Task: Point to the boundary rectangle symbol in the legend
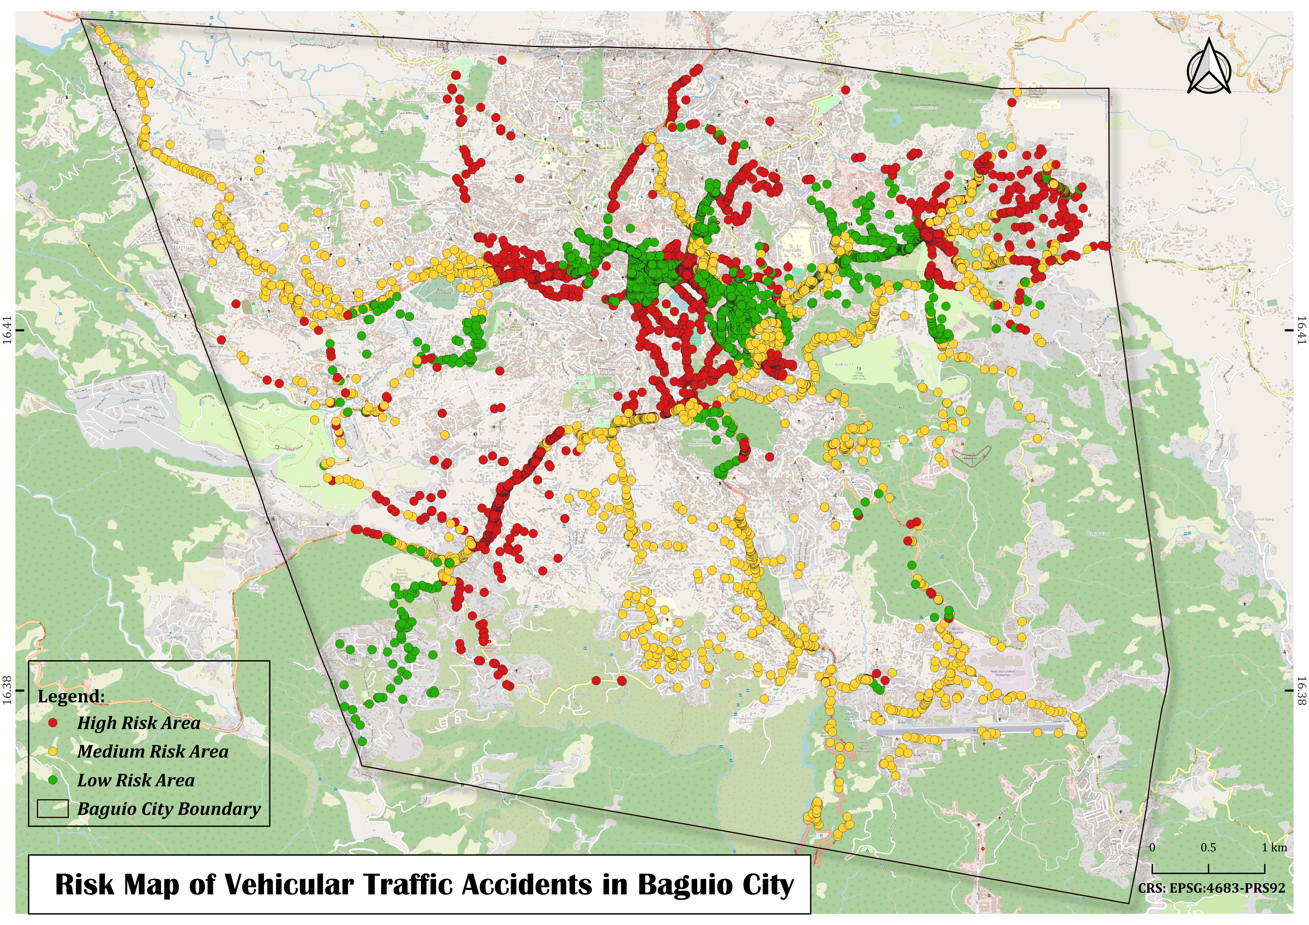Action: [x=53, y=809]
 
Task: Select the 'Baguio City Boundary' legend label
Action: [x=169, y=809]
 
